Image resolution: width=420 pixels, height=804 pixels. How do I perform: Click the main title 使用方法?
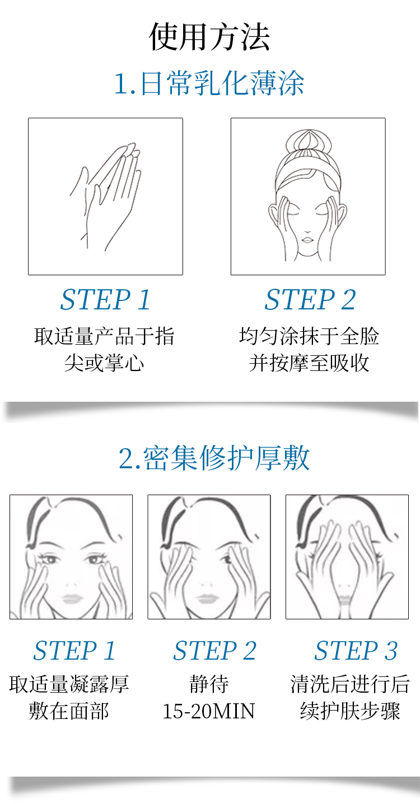click(x=209, y=36)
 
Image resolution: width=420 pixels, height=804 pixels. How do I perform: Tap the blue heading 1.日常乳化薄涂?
click(x=209, y=83)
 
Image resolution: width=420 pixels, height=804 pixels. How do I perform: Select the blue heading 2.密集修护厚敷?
click(x=214, y=458)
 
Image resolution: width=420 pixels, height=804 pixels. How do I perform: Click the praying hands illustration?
click(x=106, y=196)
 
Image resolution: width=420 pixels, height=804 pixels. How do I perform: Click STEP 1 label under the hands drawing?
click(x=105, y=299)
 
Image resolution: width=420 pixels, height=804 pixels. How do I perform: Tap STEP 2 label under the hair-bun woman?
click(x=310, y=299)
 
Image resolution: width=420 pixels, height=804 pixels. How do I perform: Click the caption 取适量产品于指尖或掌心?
click(x=105, y=350)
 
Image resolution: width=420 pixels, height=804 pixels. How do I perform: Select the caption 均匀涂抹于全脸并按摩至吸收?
click(x=309, y=350)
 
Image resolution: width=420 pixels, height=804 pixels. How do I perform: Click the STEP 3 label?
click(x=356, y=650)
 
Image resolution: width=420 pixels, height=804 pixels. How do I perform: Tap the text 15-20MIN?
click(x=209, y=711)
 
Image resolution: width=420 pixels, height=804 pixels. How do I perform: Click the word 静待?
click(x=209, y=684)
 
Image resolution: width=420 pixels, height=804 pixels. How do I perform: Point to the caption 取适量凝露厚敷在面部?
click(x=69, y=697)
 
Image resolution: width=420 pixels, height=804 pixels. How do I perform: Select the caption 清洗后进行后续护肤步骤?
click(x=350, y=697)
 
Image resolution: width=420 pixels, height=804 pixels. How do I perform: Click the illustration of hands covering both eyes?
click(x=347, y=557)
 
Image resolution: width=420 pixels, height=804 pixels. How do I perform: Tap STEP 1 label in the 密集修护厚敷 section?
click(x=74, y=650)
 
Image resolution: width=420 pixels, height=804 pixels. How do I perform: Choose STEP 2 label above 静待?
click(x=215, y=650)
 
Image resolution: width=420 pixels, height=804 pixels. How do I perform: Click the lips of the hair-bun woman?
click(x=308, y=238)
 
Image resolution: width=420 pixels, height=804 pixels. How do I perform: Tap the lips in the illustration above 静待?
click(x=207, y=599)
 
